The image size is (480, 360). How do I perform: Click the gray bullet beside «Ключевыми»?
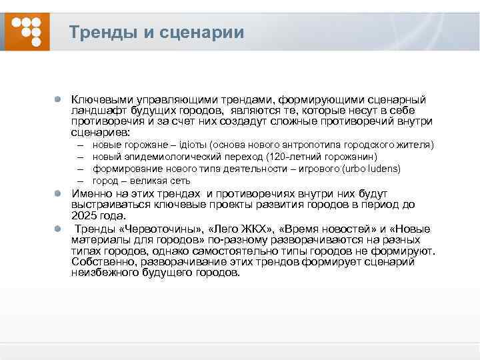coord(59,99)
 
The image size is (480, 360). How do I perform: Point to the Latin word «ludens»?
coord(383,169)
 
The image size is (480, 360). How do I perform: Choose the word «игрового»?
coord(315,169)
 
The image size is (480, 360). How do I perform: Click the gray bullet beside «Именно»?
coord(59,193)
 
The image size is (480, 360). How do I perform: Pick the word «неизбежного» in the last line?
coord(103,273)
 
